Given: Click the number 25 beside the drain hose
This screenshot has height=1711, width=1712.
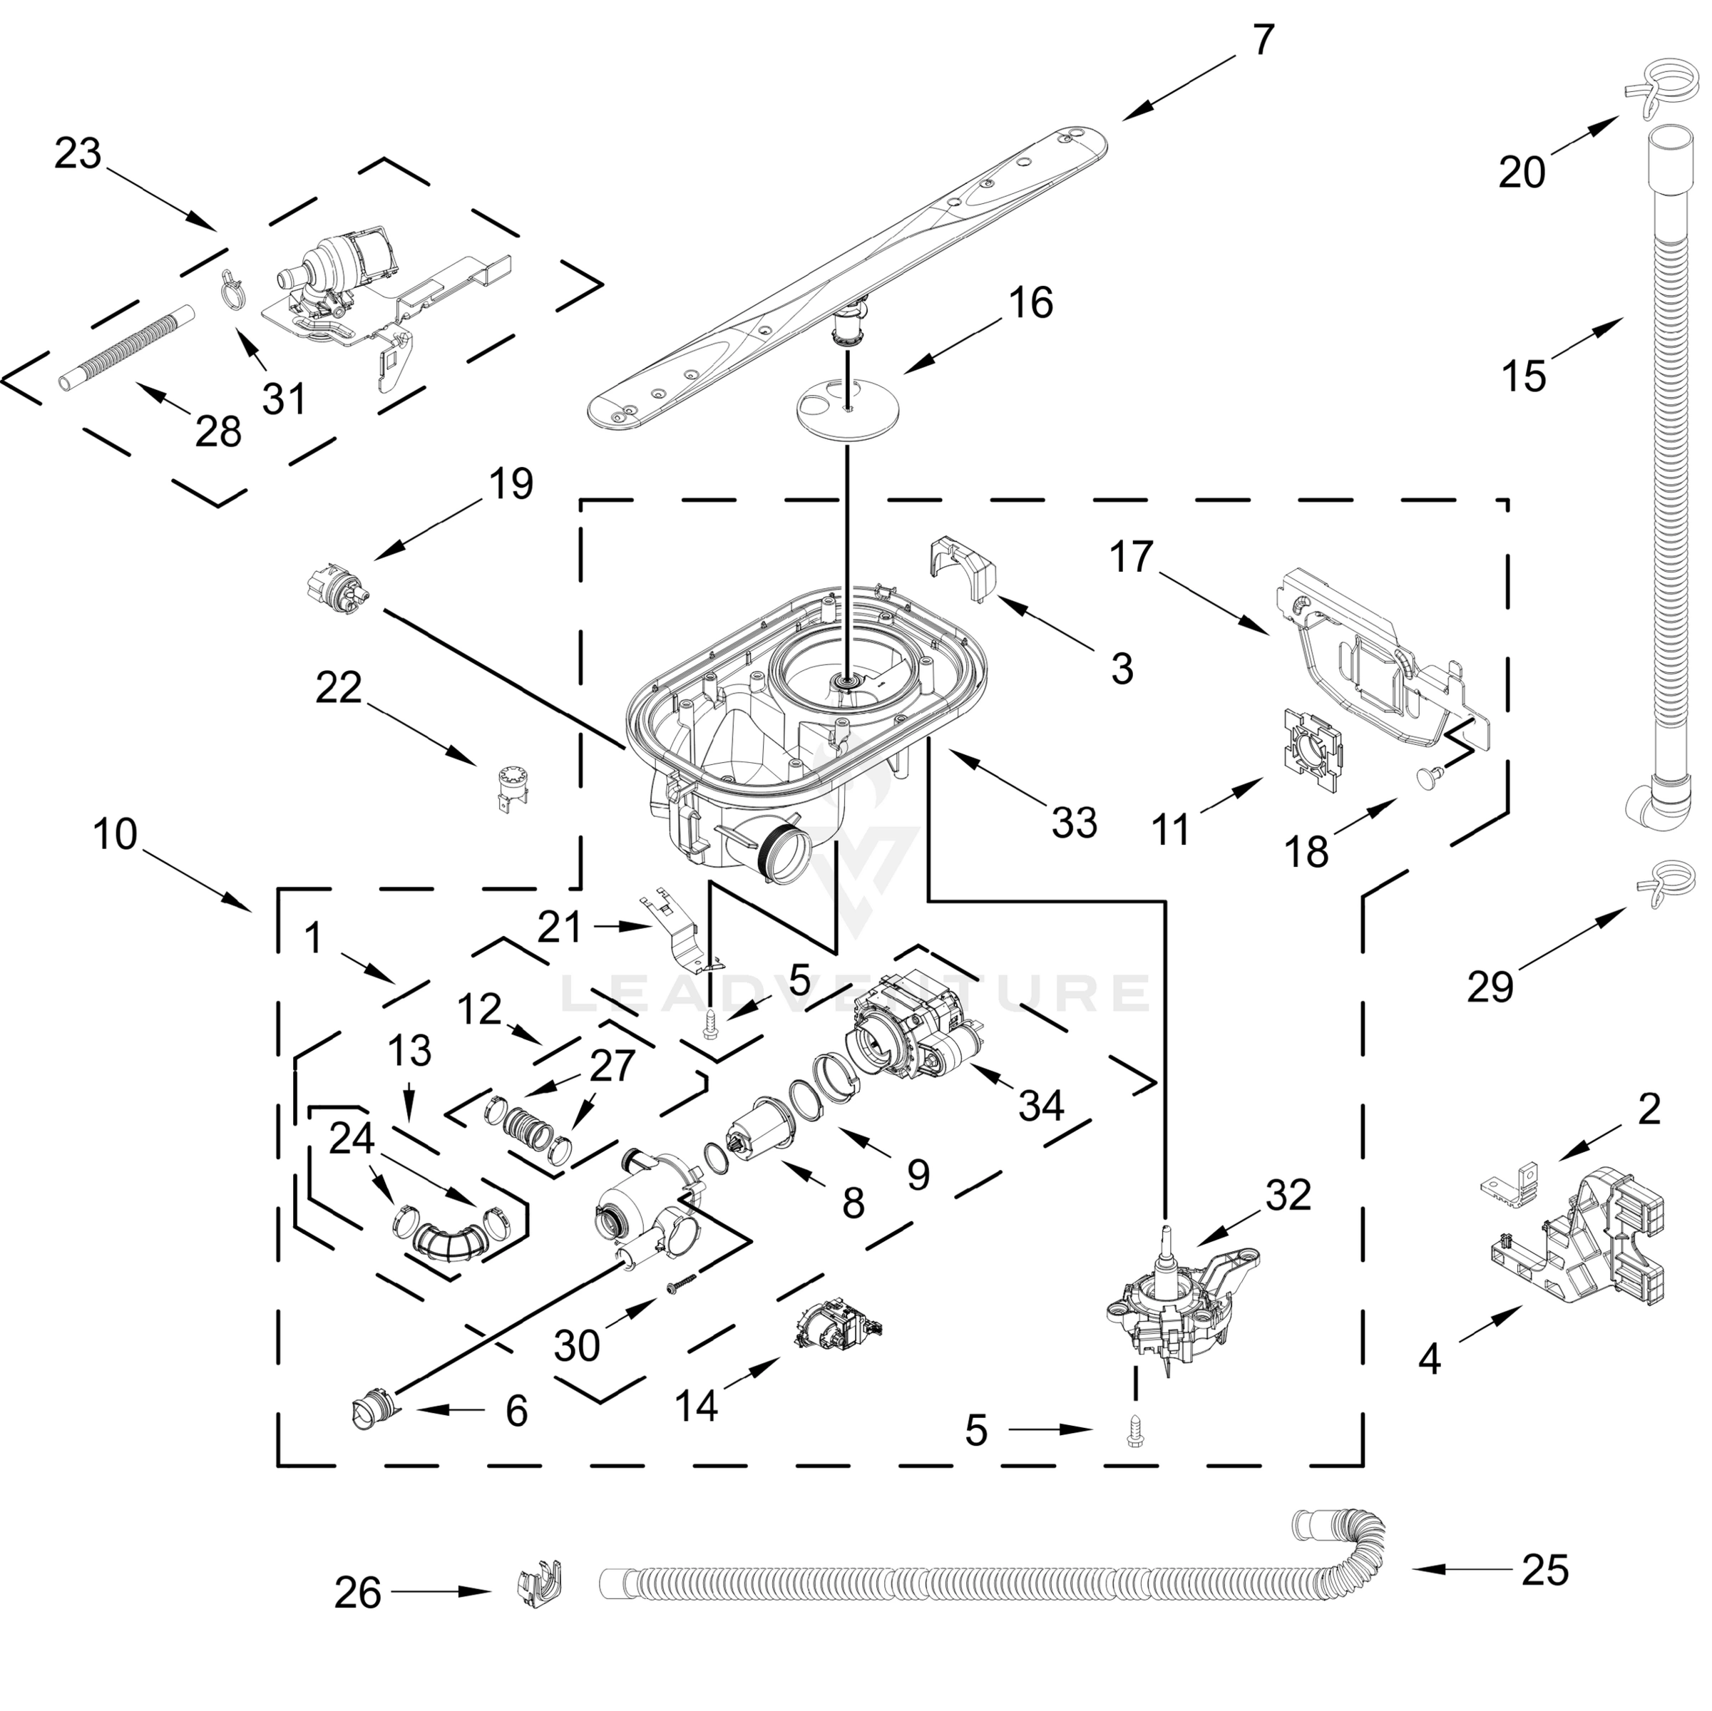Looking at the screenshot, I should [1544, 1569].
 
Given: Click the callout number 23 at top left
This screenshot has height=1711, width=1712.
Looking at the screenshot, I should [78, 154].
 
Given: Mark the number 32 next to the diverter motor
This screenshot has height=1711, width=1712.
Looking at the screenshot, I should [1288, 1196].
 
